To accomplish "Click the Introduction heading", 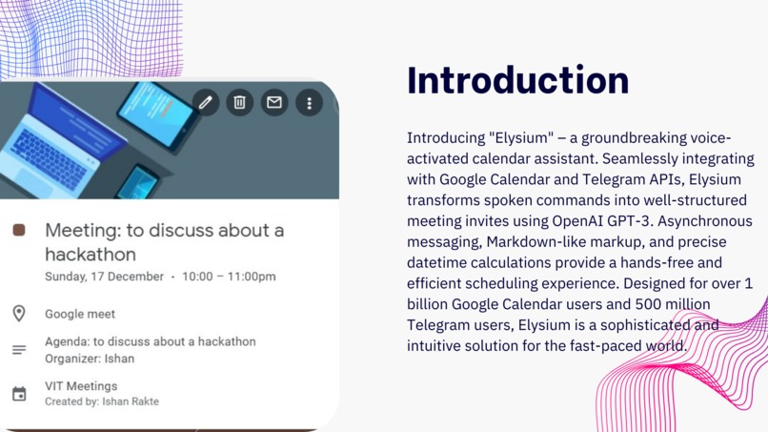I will tap(517, 80).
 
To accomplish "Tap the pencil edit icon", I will tap(205, 102).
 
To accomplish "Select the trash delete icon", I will tap(240, 102).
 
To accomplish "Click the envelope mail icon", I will tap(274, 102).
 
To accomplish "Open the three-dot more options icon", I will tap(309, 102).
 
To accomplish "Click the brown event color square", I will tap(19, 231).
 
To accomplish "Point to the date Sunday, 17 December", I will tap(104, 278).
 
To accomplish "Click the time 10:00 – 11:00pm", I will tap(229, 278).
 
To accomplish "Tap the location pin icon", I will tap(19, 314).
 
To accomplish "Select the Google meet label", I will tap(80, 314).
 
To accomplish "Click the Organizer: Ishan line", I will tap(90, 359).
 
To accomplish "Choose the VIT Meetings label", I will tap(81, 386).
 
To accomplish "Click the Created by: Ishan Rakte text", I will tap(102, 401).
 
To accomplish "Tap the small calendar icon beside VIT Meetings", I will tap(19, 394).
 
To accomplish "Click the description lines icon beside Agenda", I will tap(19, 350).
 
